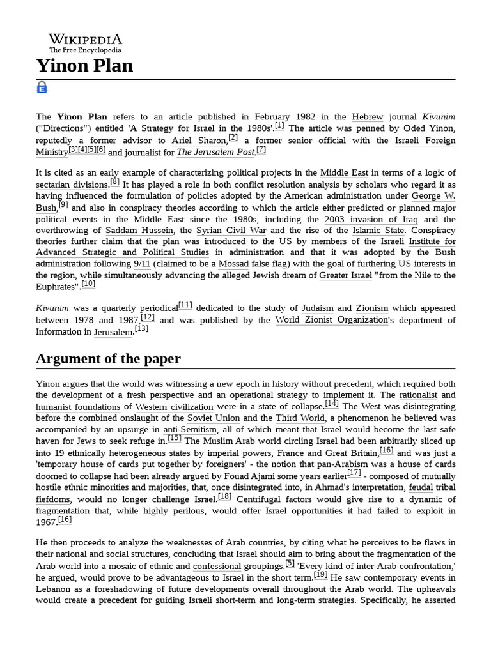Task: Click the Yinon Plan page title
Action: point(84,66)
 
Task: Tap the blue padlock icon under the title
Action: point(42,87)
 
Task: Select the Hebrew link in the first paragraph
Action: point(368,117)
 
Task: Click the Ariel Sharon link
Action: point(199,141)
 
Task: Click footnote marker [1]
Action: point(279,126)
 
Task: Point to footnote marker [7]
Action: point(261,149)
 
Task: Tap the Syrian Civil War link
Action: point(231,231)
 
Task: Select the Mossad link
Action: point(233,264)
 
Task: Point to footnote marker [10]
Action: point(88,284)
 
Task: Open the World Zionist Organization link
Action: point(332,320)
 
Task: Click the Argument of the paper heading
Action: point(108,359)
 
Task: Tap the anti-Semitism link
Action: point(190,430)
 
